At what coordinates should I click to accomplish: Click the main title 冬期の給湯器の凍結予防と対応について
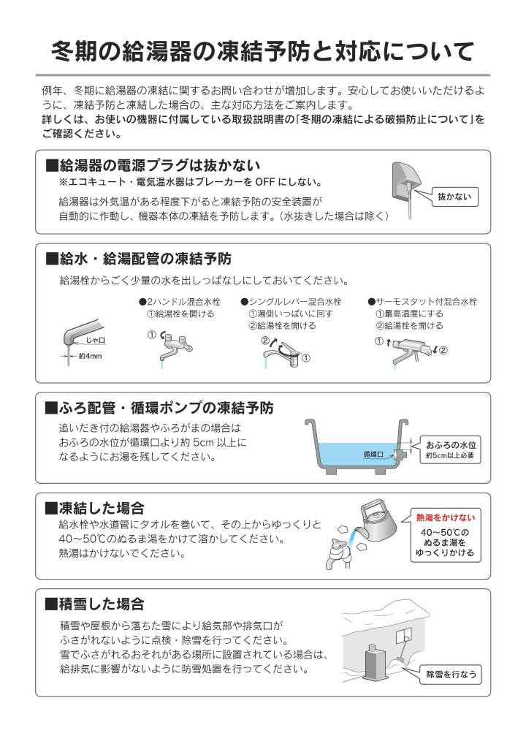(262, 51)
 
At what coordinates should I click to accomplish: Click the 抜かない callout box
(454, 197)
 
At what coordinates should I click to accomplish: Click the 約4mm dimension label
(90, 356)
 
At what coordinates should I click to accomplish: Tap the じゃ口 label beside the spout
(95, 341)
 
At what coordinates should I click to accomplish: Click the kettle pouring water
(376, 522)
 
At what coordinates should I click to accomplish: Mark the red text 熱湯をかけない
(445, 517)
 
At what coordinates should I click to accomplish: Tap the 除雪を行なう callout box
(451, 675)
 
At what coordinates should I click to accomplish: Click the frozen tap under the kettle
(338, 553)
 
